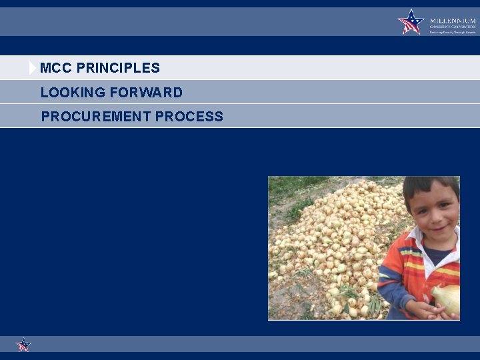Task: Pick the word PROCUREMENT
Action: click(96, 117)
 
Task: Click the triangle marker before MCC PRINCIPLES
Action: click(33, 68)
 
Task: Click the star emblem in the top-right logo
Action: click(411, 22)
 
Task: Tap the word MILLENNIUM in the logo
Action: click(453, 21)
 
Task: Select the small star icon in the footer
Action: click(23, 345)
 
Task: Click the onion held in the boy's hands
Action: click(447, 298)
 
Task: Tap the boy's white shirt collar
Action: click(417, 237)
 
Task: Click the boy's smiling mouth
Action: click(439, 230)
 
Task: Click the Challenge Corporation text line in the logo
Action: click(453, 27)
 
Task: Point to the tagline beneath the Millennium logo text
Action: click(453, 32)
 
